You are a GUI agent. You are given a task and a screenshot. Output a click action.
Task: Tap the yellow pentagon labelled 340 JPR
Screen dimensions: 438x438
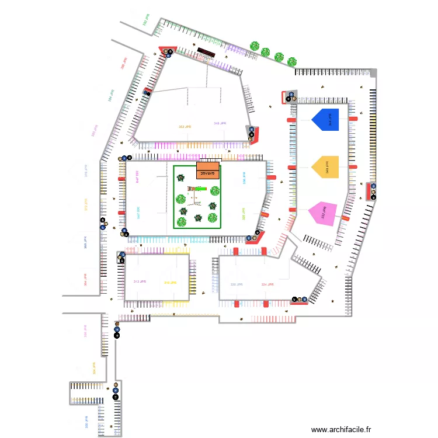pos(326,166)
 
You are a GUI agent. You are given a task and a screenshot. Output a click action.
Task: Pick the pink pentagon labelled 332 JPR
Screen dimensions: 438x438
pos(324,214)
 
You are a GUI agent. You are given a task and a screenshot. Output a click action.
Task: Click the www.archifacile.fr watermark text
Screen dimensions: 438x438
pos(341,429)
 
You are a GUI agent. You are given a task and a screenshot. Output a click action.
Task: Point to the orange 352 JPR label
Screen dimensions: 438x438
pos(185,127)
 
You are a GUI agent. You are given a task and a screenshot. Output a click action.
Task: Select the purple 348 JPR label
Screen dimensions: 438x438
pos(220,124)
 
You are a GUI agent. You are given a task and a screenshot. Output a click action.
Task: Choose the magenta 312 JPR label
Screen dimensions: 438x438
pos(139,281)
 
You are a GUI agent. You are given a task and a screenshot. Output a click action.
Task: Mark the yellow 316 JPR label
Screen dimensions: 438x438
pos(170,283)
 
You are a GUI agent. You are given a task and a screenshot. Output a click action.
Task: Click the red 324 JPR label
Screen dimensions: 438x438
pos(267,284)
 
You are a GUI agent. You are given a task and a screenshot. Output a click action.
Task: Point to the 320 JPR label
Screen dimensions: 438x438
pos(236,284)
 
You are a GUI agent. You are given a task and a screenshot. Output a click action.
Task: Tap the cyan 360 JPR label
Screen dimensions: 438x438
pos(138,213)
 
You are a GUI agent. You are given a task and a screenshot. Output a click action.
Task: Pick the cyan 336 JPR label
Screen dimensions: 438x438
pos(244,178)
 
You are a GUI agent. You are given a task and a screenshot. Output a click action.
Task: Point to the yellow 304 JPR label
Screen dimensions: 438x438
pos(93,368)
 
